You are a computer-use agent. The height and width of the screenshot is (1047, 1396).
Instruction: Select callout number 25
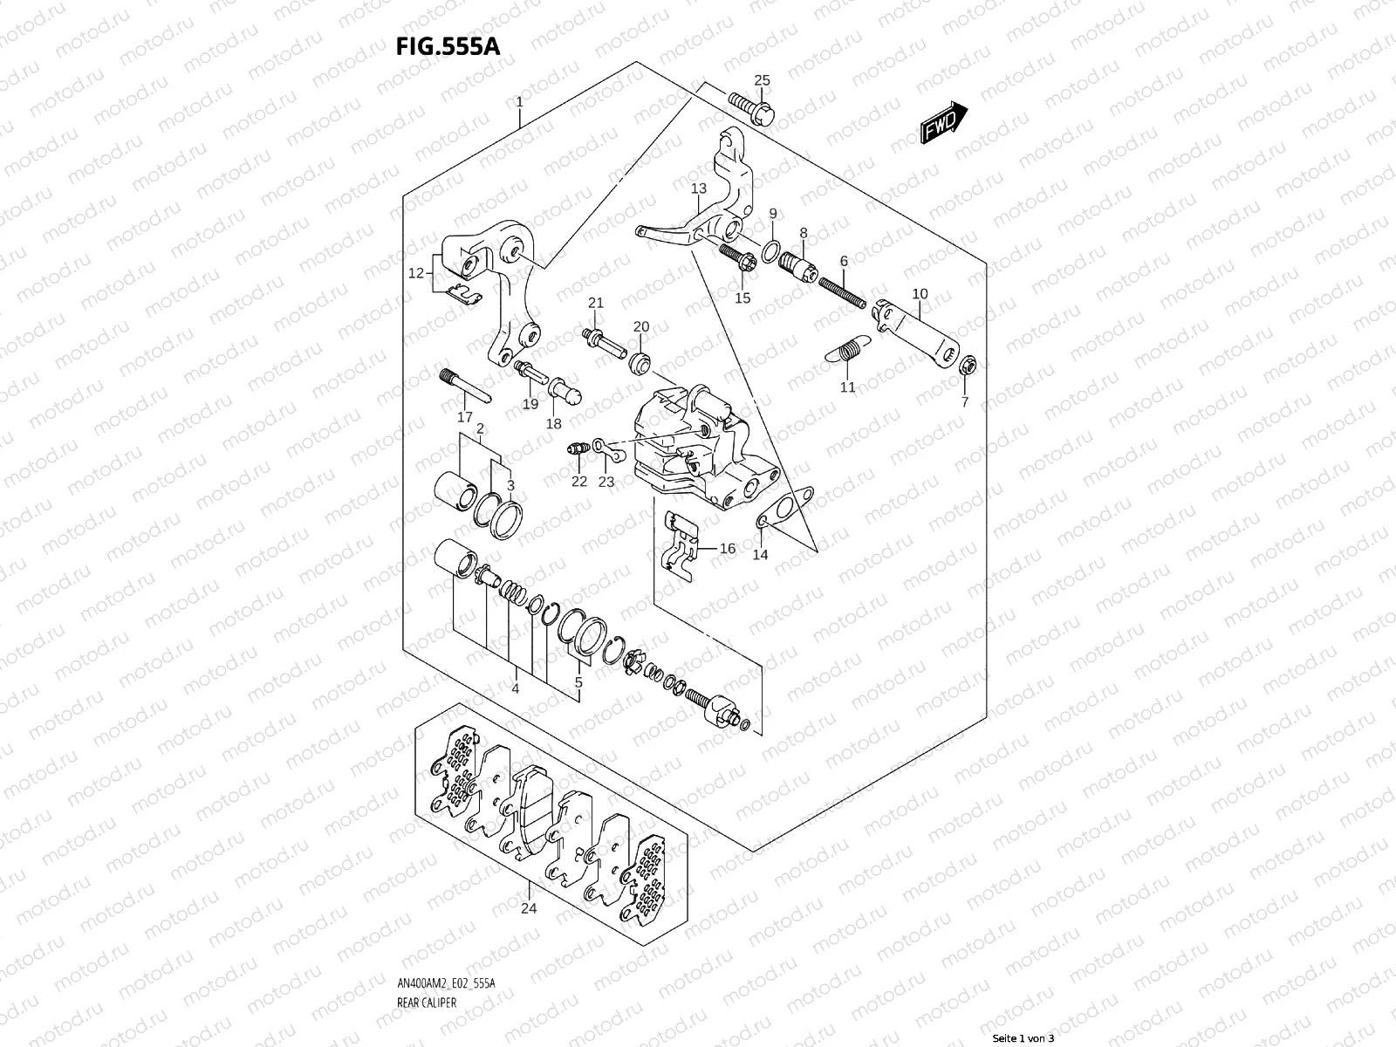tap(762, 81)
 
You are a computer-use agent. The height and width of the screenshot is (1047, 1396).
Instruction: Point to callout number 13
tap(699, 188)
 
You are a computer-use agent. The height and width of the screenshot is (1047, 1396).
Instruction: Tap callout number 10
tap(920, 294)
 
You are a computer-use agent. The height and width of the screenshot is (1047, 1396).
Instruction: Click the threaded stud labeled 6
tap(841, 291)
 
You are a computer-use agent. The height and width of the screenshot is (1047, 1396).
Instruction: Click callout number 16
tap(728, 549)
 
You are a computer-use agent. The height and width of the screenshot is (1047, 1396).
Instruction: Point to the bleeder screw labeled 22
tap(575, 449)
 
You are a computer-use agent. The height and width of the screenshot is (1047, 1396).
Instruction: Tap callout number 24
tap(529, 908)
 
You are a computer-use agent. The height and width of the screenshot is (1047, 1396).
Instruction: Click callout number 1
tap(519, 102)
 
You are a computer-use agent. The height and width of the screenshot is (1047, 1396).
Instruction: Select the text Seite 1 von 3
tap(1023, 1038)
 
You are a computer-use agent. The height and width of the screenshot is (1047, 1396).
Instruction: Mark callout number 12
tap(416, 273)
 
